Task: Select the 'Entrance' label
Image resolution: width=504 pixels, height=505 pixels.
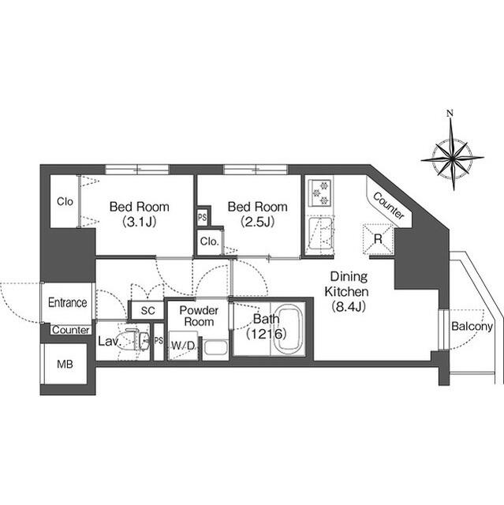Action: pos(67,302)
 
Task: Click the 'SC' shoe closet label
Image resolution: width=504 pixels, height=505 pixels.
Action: pos(147,311)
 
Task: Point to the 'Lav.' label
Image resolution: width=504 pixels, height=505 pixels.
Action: pos(108,342)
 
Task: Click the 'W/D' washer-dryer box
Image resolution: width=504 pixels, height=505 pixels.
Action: pos(183,346)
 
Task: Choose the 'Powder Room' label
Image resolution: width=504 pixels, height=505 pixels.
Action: pos(198,316)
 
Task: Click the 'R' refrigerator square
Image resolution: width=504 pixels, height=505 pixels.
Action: pos(378,237)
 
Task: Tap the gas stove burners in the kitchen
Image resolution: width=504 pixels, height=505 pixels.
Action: pos(322,191)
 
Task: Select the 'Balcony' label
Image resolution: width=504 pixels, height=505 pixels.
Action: pos(472,327)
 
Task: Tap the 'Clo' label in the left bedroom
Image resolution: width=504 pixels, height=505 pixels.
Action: pos(65,201)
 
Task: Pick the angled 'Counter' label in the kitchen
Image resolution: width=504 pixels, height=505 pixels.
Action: pos(389,206)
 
